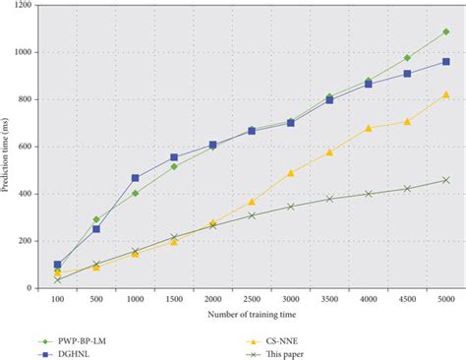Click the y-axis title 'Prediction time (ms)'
9,147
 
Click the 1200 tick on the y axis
24,6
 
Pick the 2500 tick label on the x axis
252,298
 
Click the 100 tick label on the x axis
58,298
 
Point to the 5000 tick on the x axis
445,298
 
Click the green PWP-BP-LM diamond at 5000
445,31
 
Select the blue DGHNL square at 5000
445,62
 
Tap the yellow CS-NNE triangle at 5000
445,94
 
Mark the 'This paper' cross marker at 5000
445,180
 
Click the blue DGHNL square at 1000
136,178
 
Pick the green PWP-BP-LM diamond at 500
96,219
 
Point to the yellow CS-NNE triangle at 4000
368,128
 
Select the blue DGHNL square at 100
58,265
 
